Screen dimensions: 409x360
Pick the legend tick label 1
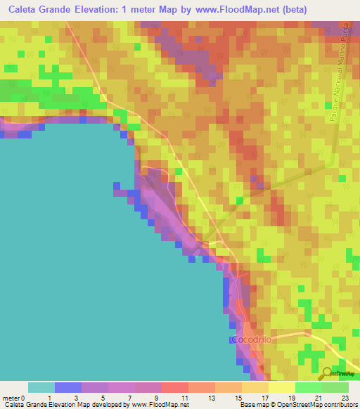49,398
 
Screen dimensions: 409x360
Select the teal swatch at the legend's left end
41,387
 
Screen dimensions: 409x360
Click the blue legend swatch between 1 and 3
68,387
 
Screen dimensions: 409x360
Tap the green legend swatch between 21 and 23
335,387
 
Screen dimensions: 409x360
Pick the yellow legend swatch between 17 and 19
282,387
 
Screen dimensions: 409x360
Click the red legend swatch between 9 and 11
175,387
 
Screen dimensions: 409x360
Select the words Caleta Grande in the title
39,11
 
